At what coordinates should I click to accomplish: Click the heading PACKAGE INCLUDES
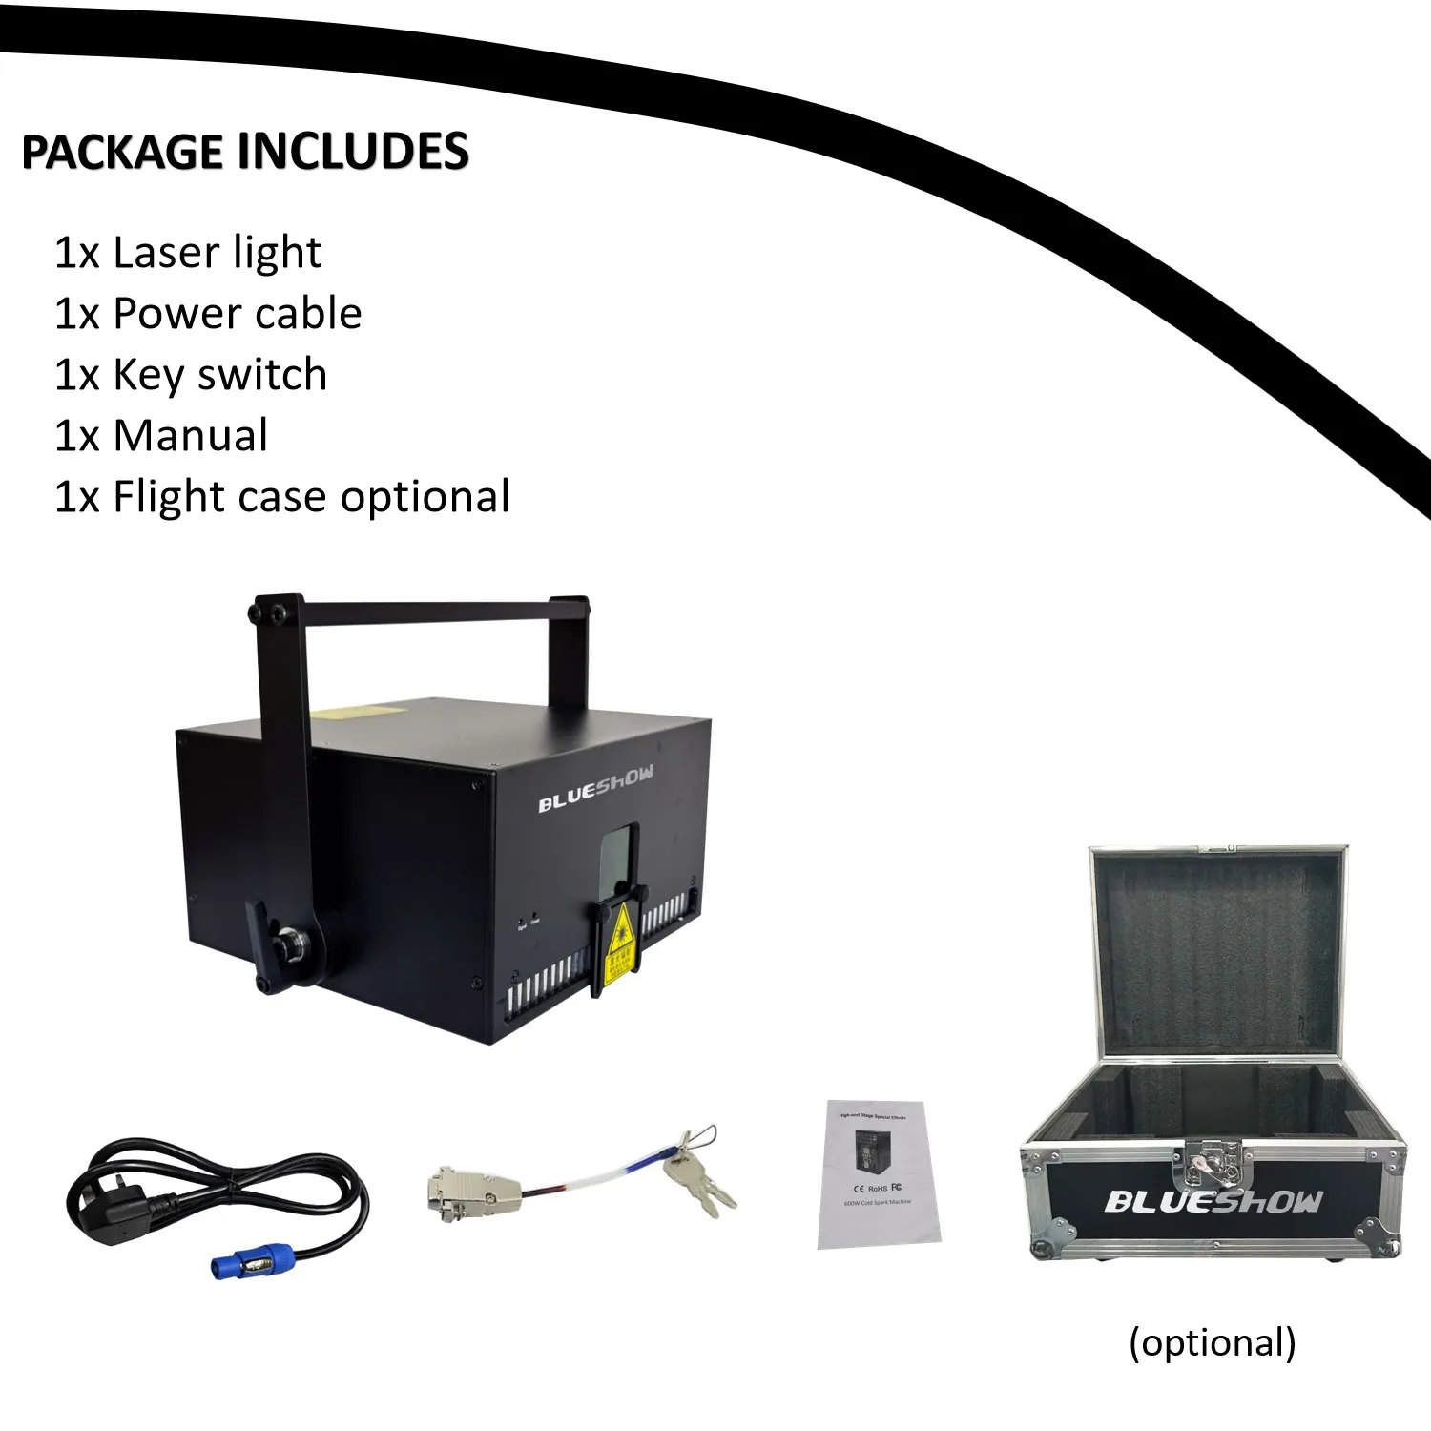245,153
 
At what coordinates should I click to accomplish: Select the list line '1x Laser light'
188,253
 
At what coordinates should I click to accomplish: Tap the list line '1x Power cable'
208,314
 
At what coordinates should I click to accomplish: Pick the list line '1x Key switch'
191,375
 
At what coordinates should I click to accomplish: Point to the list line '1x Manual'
161,436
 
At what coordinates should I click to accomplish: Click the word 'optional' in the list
425,497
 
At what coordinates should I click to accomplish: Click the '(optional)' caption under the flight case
1212,1342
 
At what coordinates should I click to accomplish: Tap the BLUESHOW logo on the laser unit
595,789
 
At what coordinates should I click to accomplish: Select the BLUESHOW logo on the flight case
1213,1202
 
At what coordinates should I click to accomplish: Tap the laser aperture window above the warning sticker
618,859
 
